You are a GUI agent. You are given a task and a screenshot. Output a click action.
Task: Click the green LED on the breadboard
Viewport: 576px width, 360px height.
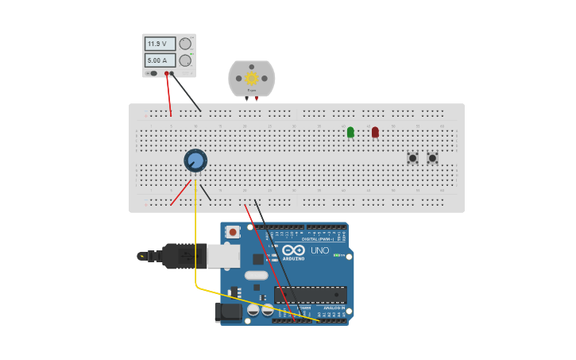coord(350,132)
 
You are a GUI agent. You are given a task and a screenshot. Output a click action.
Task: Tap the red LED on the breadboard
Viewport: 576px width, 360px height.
coord(375,132)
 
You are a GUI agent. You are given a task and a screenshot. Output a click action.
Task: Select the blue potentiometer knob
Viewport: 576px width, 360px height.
coord(195,161)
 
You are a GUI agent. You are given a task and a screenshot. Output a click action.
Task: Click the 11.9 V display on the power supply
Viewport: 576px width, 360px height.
coord(159,44)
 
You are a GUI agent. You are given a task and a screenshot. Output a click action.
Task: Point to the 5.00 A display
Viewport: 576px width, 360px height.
coord(159,60)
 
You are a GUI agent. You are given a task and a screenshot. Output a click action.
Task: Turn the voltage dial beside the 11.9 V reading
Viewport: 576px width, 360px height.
coord(185,44)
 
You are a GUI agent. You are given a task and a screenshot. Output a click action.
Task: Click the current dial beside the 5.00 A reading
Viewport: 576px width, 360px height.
coord(185,60)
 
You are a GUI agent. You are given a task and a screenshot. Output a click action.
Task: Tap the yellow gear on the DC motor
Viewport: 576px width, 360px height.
coord(252,78)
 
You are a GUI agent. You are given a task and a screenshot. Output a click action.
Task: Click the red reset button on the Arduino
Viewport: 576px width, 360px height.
coord(233,232)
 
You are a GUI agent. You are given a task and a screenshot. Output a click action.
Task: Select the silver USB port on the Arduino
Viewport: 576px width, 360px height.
coord(223,255)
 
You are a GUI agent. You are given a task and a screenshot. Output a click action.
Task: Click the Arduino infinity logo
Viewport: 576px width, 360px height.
coord(293,250)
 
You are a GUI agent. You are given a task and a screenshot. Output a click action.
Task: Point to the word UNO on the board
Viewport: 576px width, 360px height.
coord(320,250)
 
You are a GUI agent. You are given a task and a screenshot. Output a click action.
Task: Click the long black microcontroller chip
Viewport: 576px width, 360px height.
coord(310,294)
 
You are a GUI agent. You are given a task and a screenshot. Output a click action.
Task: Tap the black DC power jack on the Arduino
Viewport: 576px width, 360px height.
coord(229,312)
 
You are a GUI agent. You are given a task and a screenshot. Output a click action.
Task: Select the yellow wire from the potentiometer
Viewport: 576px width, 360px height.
coord(195,238)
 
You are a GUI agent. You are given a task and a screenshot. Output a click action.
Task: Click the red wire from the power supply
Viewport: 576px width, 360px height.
coord(168,95)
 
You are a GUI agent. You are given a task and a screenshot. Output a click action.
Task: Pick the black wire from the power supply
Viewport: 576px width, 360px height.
coord(187,93)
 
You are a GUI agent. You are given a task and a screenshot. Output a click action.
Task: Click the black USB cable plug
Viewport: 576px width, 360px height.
coord(179,256)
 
